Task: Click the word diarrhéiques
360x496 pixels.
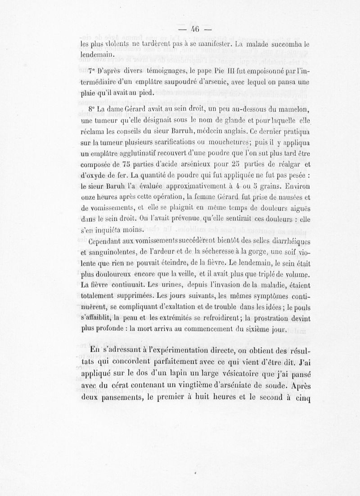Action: [x=289, y=239]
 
